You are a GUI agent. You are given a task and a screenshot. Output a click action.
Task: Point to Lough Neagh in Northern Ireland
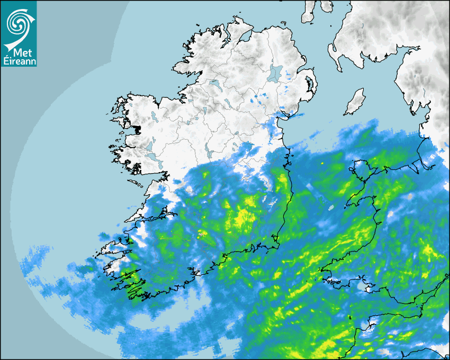tap(275, 73)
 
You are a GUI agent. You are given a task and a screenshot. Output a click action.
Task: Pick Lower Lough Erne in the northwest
tap(215, 84)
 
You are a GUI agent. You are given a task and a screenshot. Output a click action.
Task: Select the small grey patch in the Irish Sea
tap(331, 208)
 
